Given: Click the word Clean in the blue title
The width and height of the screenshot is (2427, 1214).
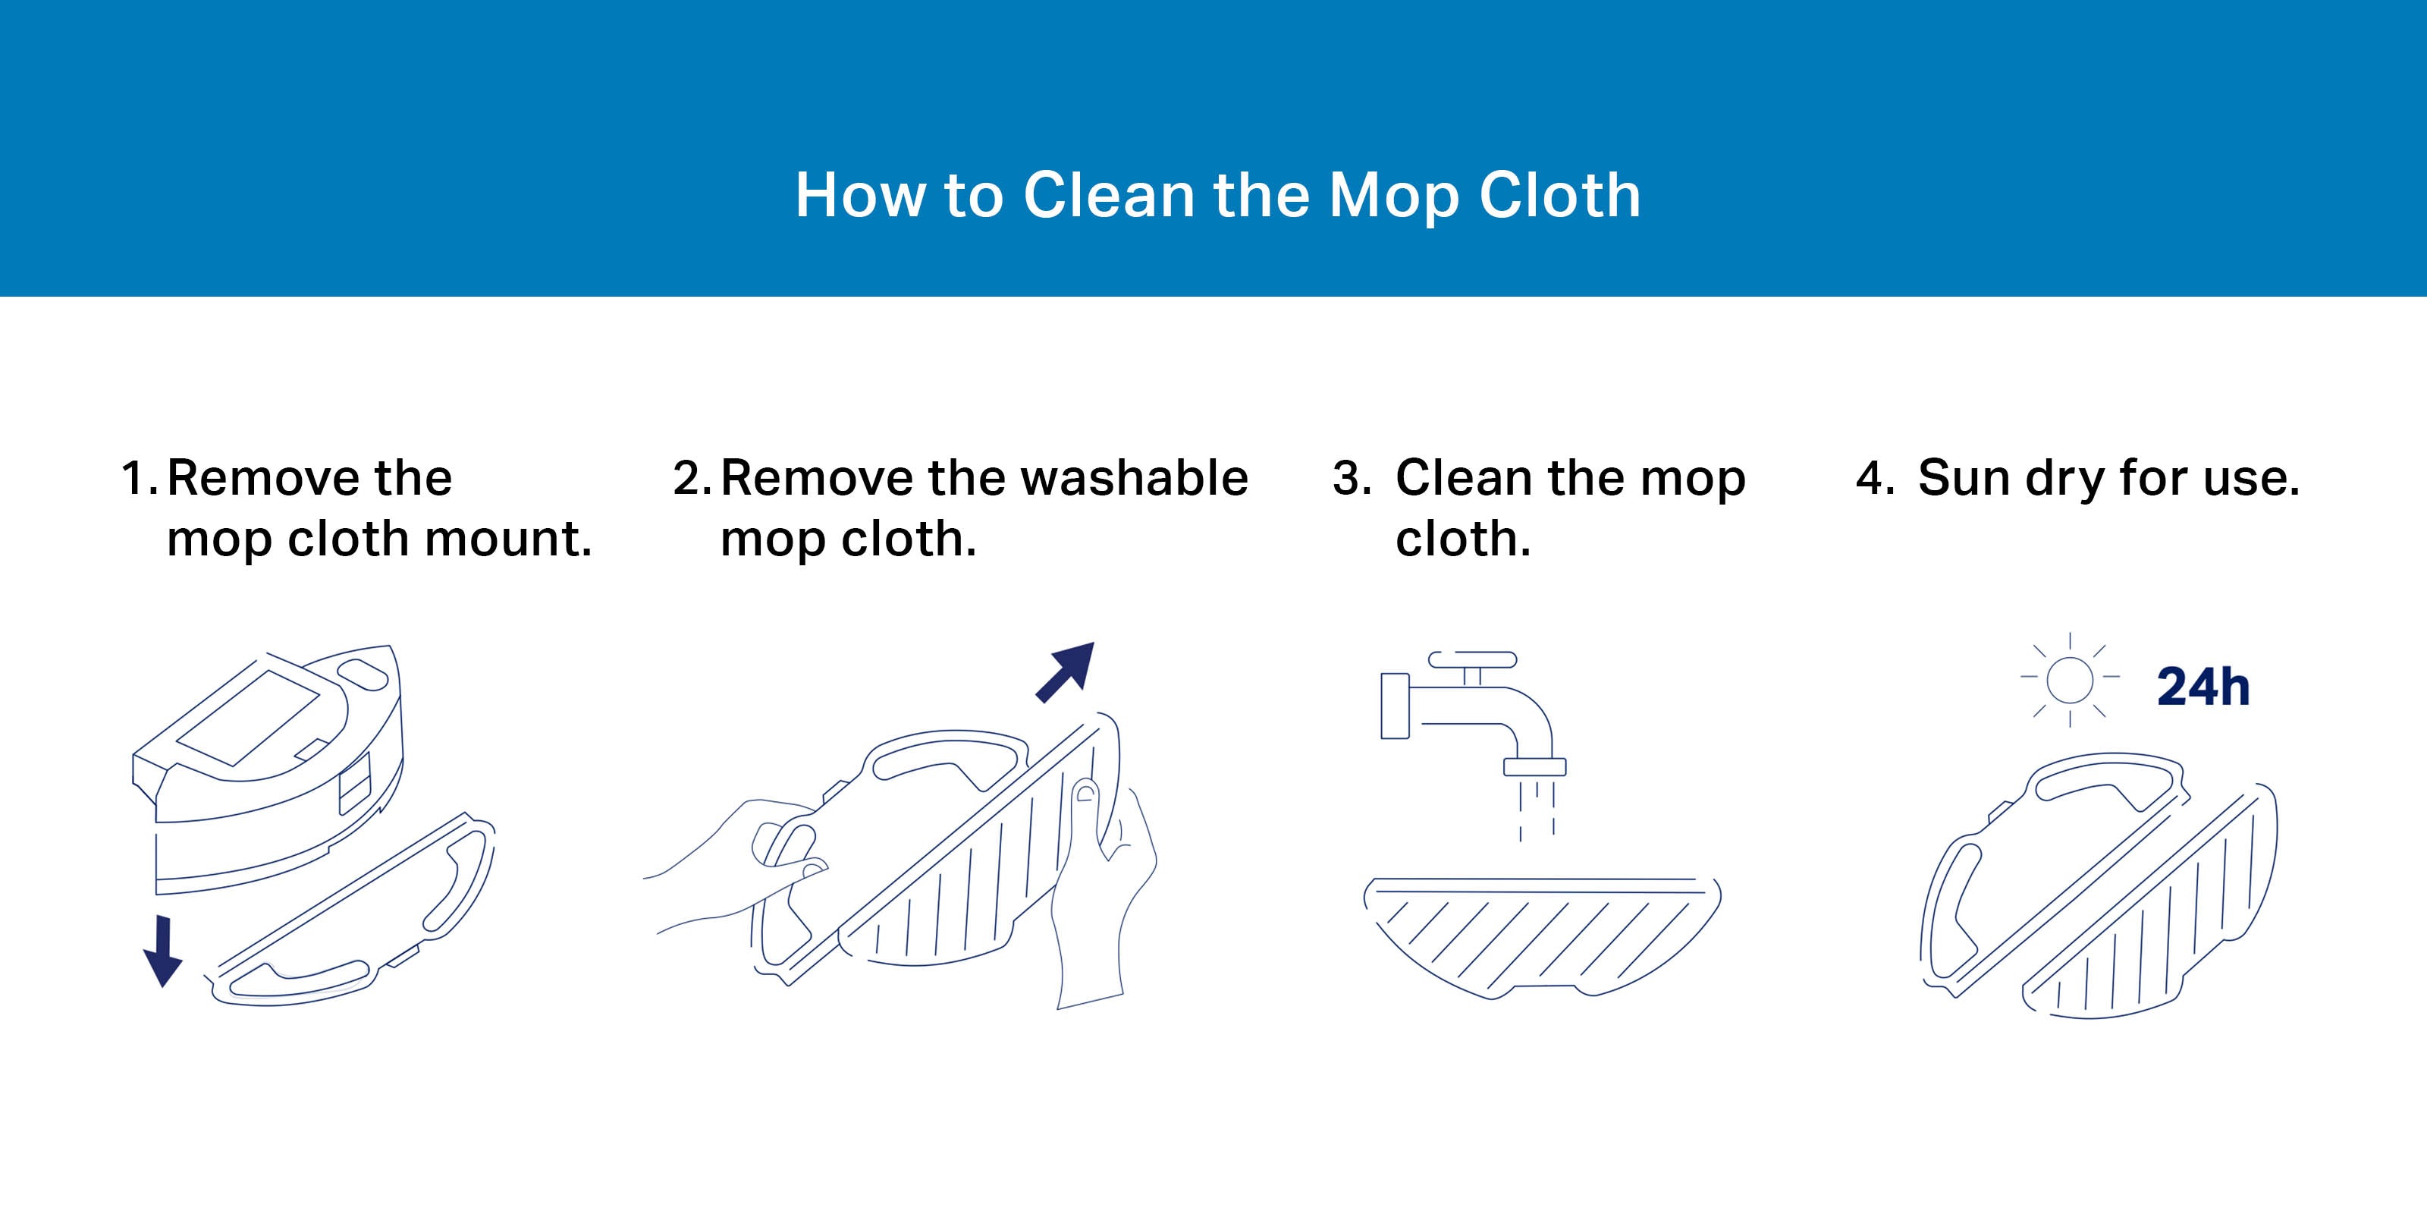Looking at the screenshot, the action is coord(1110,195).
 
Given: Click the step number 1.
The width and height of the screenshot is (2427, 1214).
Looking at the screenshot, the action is coord(139,478).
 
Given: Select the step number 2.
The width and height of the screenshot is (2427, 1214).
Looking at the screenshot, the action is coord(692,478).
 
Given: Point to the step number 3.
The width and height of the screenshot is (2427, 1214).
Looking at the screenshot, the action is coord(1352,478).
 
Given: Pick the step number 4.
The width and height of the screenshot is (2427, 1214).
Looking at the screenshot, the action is coord(1875,478).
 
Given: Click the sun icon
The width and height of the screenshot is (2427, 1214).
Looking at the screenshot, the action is coord(2070,680).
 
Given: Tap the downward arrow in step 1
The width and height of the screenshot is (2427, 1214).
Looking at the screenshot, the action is coord(163,951).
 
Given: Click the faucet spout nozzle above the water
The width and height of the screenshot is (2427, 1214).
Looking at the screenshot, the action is coord(1535,766).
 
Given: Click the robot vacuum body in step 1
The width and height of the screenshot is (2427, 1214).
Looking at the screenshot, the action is coord(268,768).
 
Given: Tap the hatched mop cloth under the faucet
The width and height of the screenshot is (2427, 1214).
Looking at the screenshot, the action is coord(1543,937).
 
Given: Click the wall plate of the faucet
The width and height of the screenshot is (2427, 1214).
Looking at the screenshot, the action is coord(1395,706).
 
